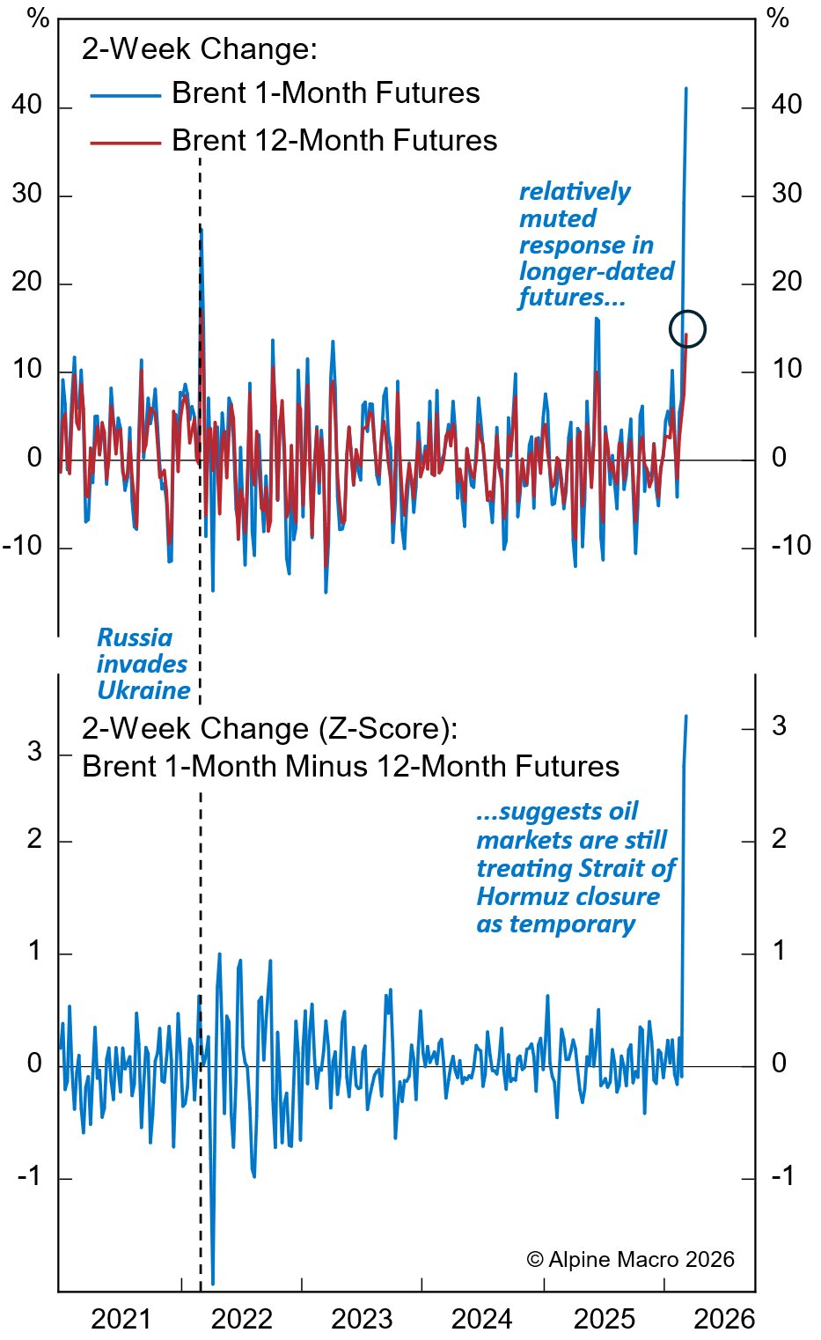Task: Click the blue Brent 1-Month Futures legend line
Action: [x=126, y=94]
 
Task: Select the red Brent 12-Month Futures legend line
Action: [x=126, y=142]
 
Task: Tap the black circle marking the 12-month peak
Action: [x=686, y=328]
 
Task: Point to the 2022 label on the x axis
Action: [x=242, y=1319]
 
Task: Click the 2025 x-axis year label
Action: [x=604, y=1319]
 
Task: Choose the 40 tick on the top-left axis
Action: [x=27, y=105]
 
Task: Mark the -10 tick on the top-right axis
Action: [x=790, y=546]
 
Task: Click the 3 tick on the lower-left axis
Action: [x=34, y=752]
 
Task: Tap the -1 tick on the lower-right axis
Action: [x=779, y=1175]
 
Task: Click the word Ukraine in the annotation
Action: [x=143, y=690]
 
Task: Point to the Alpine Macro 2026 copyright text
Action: [x=630, y=1260]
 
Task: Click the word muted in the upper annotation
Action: [x=558, y=218]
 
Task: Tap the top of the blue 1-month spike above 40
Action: [x=686, y=88]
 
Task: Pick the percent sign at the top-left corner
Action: [x=38, y=18]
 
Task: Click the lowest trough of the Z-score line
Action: [x=213, y=1283]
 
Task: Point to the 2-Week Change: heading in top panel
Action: [x=200, y=48]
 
